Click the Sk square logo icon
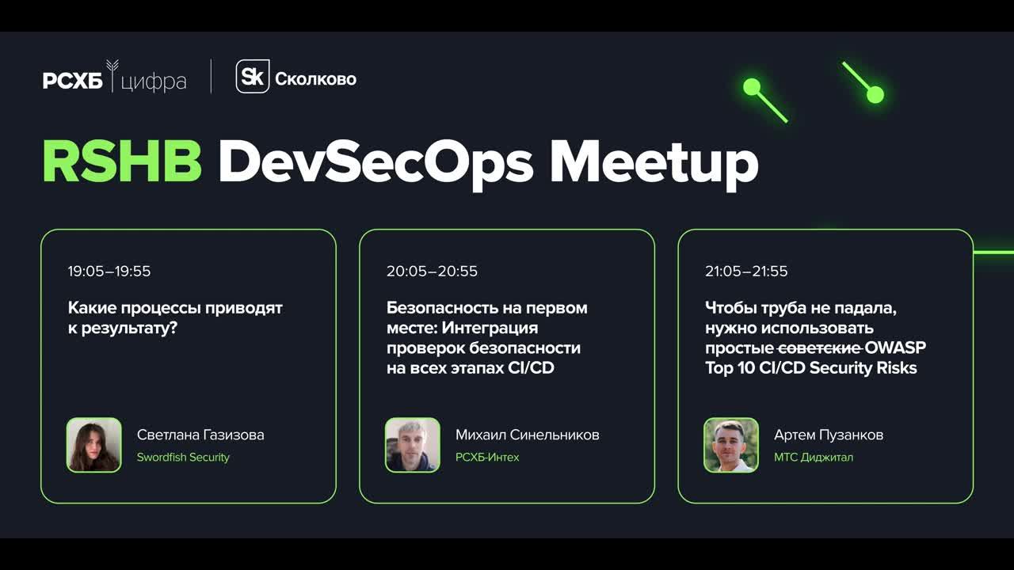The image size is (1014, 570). point(253,77)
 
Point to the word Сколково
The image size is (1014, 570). point(315,79)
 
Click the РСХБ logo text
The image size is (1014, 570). point(73,80)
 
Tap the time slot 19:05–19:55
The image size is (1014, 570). point(109,272)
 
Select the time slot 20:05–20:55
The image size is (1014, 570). point(432,272)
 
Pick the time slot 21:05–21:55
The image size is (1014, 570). point(746,272)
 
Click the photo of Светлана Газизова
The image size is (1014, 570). point(94,445)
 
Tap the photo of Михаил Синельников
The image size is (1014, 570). point(413,445)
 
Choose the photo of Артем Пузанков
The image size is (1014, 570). point(731,445)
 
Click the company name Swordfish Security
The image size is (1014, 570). point(183,458)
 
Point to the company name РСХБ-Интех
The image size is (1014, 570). point(487,458)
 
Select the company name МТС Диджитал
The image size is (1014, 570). point(814,458)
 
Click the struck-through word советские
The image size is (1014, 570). point(819,348)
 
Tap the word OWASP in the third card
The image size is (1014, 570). point(895,348)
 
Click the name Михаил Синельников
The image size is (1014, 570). point(527,435)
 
